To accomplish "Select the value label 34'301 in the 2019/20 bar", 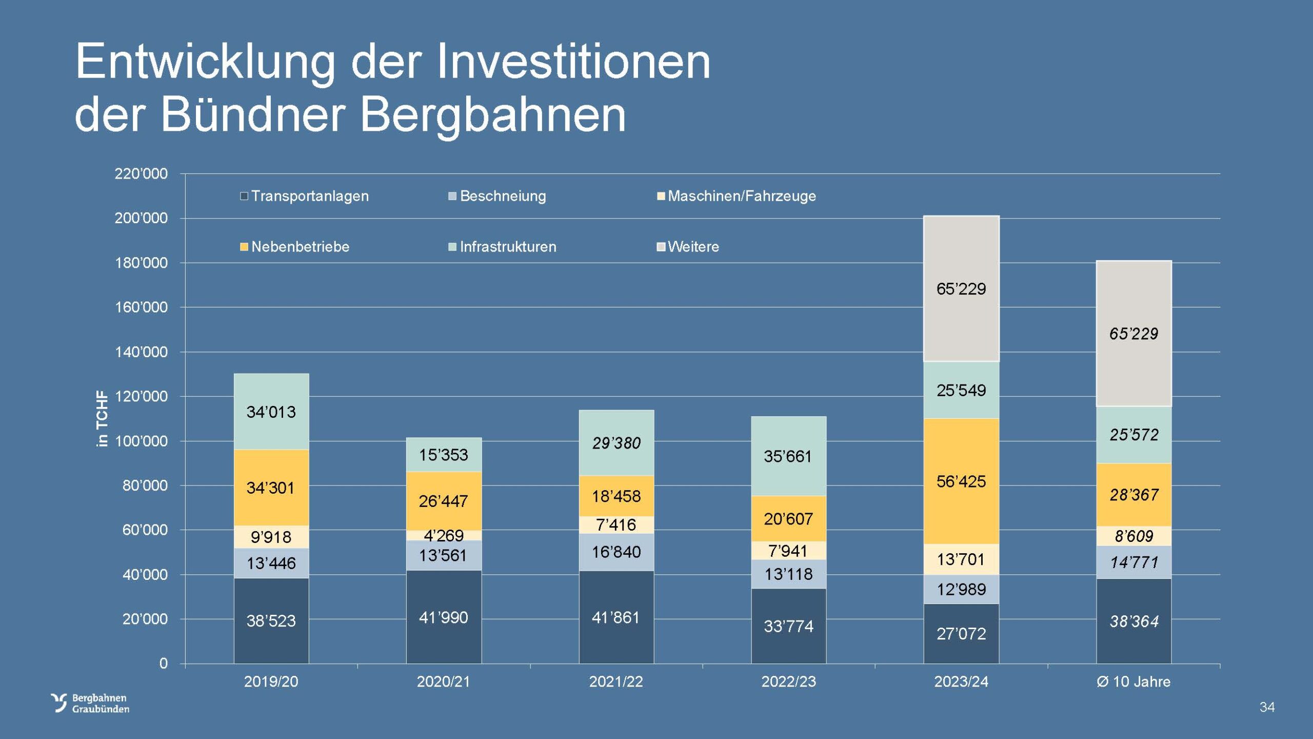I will tap(271, 488).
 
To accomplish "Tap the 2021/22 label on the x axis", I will tap(616, 682).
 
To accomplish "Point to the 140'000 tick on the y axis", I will tap(141, 352).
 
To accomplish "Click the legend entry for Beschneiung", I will tap(497, 196).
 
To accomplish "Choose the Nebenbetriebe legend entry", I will tap(295, 247).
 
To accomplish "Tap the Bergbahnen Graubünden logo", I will tap(90, 703).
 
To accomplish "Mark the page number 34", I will tap(1267, 707).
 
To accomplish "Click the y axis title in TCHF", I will tap(103, 419).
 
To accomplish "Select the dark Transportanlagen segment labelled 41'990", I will tap(444, 617).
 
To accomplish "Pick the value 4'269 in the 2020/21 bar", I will tap(444, 535).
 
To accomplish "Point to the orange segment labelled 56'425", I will tap(961, 481).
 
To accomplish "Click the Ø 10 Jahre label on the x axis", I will tap(1133, 682).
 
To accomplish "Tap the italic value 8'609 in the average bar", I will tap(1134, 536).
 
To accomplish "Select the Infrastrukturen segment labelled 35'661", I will tap(788, 456).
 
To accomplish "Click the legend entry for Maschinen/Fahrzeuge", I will tap(737, 196).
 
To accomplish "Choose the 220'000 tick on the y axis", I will tap(141, 174).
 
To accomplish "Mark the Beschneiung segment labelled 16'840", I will tap(616, 552).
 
